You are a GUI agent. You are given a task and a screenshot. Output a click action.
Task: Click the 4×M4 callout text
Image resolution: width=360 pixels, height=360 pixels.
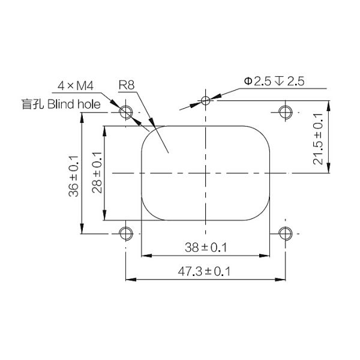pos(76,86)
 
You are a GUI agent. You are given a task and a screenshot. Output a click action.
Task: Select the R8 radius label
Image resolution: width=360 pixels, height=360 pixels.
pos(127,85)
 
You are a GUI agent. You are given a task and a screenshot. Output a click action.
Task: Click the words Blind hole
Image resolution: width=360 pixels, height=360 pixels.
pos(74,104)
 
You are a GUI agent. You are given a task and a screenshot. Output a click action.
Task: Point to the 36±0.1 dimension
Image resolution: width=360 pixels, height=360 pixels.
pos(74,176)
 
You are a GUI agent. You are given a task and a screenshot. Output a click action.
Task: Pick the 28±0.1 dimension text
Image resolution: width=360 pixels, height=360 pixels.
pos(97,172)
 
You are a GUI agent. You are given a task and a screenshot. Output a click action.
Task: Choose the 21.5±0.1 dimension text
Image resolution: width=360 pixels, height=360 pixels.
pos(318,139)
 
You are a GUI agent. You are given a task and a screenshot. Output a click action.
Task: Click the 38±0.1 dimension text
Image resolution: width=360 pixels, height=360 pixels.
pos(206,247)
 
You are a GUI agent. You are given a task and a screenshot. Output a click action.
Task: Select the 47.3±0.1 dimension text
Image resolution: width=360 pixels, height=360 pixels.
pos(204,271)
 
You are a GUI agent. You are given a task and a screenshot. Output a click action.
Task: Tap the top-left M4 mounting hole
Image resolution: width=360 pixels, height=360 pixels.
pos(126,112)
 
